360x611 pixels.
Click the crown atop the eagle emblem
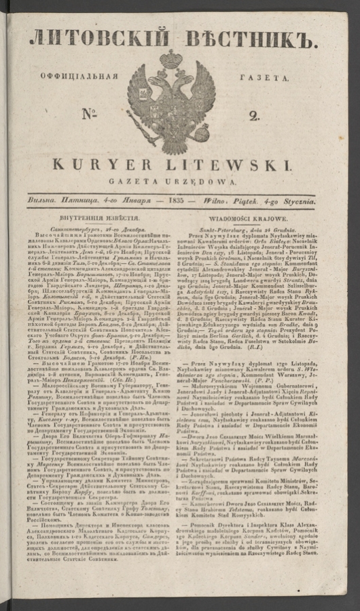pos(173,60)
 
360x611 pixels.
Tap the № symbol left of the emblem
pos(90,114)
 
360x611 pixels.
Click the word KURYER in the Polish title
pos(115,165)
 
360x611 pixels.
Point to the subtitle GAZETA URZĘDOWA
pos(175,183)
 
